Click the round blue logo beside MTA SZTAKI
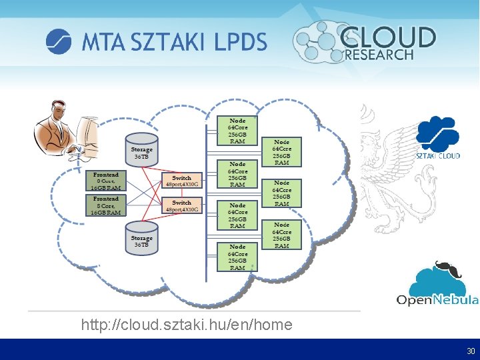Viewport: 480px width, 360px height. (x=59, y=41)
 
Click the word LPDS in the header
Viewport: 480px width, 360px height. (x=241, y=42)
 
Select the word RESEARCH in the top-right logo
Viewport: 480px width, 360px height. (x=378, y=55)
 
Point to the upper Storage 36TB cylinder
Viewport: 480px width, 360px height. (x=141, y=150)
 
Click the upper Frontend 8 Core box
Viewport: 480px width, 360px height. (x=106, y=181)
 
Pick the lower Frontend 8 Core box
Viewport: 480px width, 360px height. (x=106, y=205)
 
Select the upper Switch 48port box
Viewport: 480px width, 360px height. (x=181, y=181)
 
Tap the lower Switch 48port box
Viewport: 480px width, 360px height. (x=181, y=205)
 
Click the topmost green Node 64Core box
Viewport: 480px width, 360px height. (x=237, y=131)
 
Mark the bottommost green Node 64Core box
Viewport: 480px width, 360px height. (x=237, y=257)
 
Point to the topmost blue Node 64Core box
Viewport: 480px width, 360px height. (x=282, y=152)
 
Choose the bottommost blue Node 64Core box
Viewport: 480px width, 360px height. (x=282, y=235)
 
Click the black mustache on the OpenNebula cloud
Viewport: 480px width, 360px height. (x=443, y=267)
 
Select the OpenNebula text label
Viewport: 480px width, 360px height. (x=437, y=299)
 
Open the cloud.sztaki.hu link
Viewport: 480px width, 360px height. (x=187, y=325)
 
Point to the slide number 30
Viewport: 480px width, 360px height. (x=471, y=351)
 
